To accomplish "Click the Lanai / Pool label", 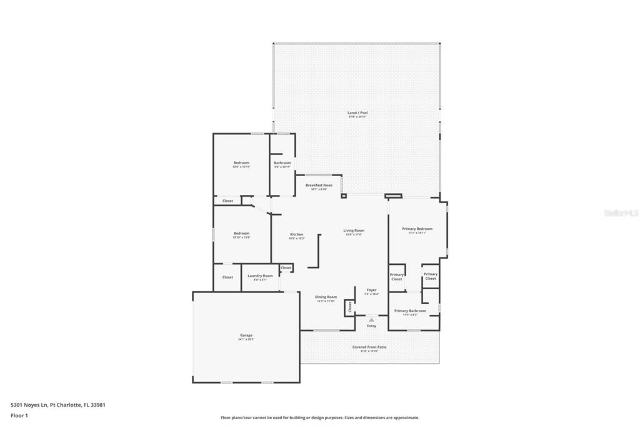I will pos(357,113).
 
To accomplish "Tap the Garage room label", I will pos(246,335).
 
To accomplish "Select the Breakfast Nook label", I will pos(319,186).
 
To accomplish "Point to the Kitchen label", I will pos(296,234).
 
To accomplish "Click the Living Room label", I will pos(354,230).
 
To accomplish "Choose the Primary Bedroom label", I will pos(417,229).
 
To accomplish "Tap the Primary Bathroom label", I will pos(410,311).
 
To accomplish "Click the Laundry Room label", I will pos(260,276).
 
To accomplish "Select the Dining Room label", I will pos(326,297).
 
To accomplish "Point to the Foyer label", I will pos(371,290).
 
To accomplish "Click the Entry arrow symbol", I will pos(371,319).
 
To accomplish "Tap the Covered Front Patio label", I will pos(369,347).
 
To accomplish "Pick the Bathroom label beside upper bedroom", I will pos(282,163).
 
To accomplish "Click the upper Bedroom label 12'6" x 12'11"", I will pos(241,163).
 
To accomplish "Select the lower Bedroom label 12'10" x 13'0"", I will pos(241,234).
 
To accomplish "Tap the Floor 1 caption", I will pos(19,415).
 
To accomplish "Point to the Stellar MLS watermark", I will pos(621,213).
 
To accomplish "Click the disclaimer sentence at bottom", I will pos(319,418).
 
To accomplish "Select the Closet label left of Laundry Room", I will pos(227,277).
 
